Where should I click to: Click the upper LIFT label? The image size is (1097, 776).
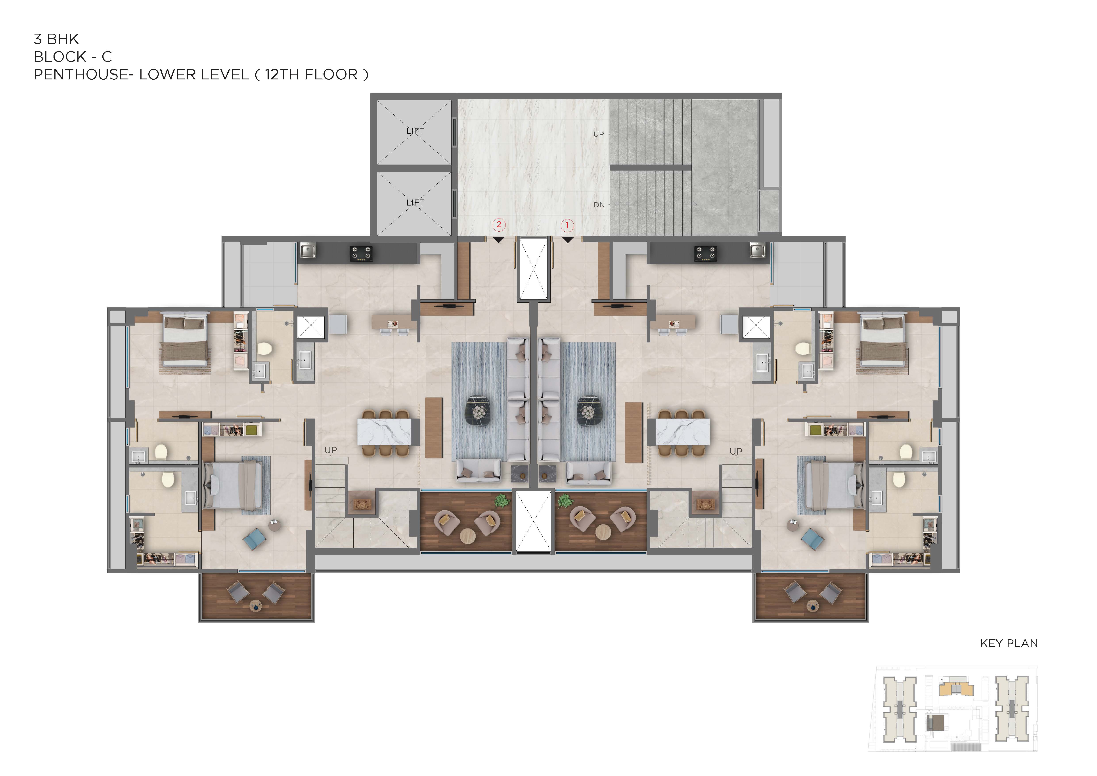(x=415, y=131)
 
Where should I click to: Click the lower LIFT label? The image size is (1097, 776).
(x=415, y=203)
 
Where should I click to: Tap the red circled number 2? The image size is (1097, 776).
(x=499, y=225)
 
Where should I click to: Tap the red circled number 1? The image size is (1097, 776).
(x=567, y=225)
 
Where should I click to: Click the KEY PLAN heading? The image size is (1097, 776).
(x=1009, y=643)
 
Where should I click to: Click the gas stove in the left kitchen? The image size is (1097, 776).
(x=361, y=254)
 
